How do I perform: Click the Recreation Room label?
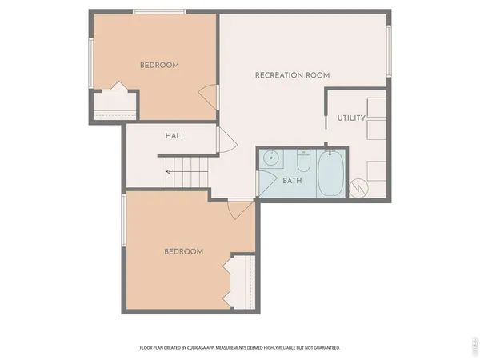point(292,75)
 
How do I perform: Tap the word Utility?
point(351,118)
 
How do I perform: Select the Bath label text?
point(293,181)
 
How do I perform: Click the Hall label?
point(175,136)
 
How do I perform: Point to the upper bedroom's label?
point(159,65)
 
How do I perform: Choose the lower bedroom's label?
point(183,251)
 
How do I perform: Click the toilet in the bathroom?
point(303,163)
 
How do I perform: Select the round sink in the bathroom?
point(271,160)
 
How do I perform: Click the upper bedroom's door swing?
point(209,98)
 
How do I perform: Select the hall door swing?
point(226,141)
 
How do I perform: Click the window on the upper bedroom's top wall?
point(156,11)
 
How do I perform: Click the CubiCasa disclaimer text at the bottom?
point(240,348)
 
